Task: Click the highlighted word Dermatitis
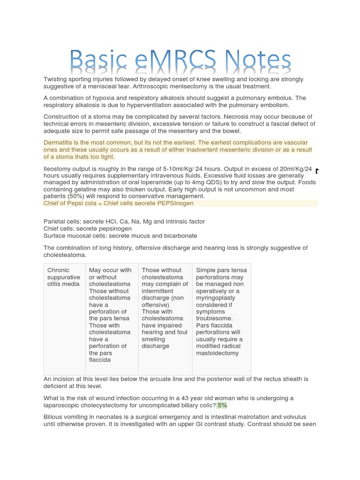[x=60, y=142]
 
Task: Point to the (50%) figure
[x=75, y=196]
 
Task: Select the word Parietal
[x=54, y=221]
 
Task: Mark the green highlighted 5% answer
[x=222, y=405]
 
